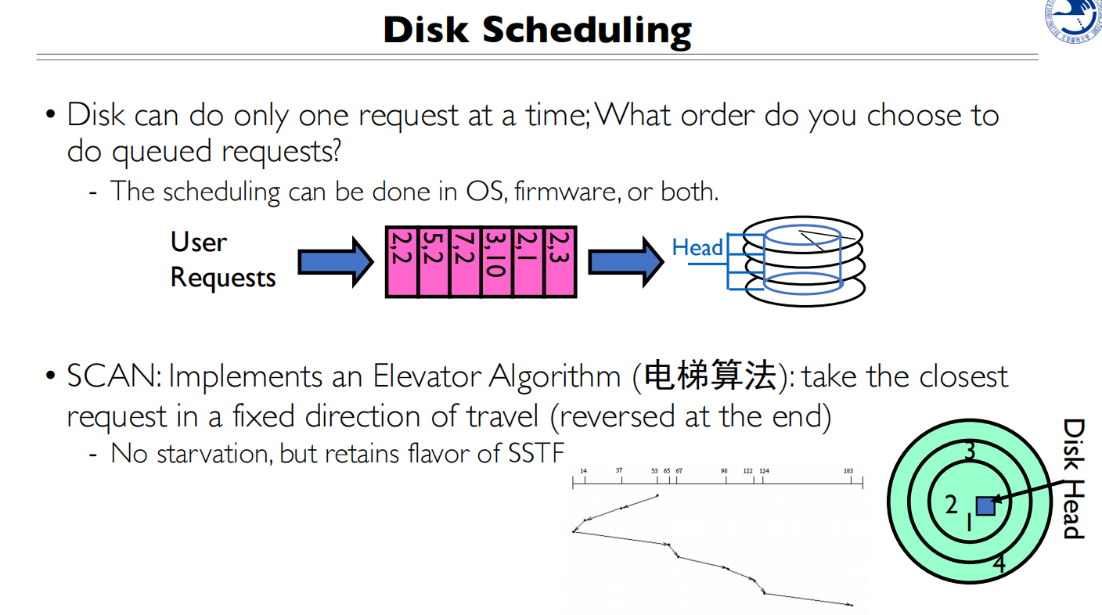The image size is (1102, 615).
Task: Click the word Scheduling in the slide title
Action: (x=587, y=31)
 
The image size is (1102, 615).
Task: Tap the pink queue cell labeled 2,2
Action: (x=402, y=262)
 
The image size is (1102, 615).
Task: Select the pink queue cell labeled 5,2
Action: (x=434, y=262)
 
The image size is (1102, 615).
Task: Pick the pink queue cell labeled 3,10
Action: (x=496, y=262)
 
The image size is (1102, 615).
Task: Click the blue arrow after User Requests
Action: (x=336, y=262)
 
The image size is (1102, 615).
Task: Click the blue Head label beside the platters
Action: (x=697, y=248)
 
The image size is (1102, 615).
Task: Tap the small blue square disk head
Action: (x=985, y=505)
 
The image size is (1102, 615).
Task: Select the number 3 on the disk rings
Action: (x=970, y=451)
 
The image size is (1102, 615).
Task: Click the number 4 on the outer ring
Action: (x=999, y=563)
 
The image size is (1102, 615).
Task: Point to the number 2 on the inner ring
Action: (x=951, y=505)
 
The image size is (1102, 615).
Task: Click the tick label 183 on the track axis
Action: (x=848, y=471)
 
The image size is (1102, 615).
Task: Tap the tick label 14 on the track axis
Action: (x=583, y=471)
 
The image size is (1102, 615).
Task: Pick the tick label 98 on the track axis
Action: (x=724, y=471)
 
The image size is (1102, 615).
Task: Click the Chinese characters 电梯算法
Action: (x=710, y=377)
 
